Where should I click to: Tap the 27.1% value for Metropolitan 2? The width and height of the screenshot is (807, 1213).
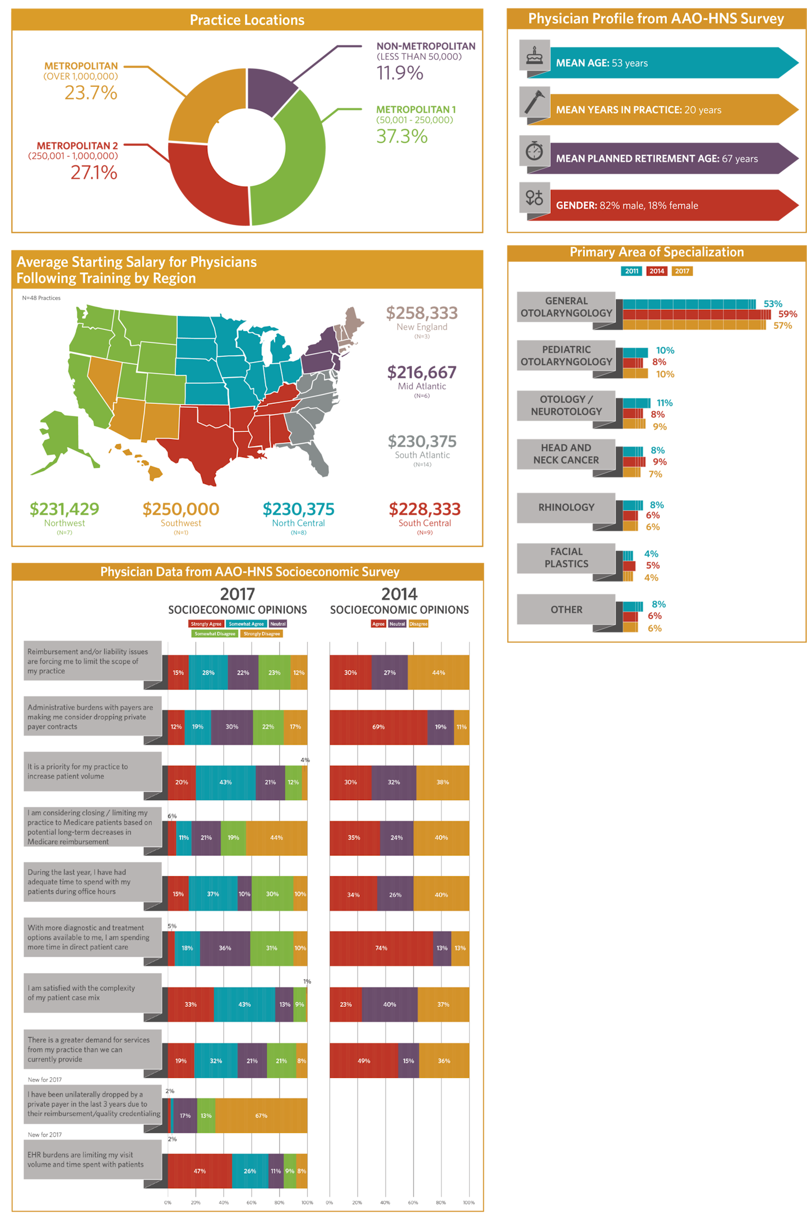[x=94, y=173]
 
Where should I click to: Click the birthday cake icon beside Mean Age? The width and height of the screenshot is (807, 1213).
[x=534, y=55]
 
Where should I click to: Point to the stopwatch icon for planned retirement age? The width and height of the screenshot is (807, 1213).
[x=534, y=151]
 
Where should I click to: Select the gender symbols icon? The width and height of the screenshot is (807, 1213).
[x=534, y=197]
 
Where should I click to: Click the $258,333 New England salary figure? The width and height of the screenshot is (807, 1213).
[x=421, y=313]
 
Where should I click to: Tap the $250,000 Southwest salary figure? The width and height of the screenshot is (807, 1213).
[x=180, y=509]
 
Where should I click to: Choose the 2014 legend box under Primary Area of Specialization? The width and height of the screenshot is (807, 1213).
[x=657, y=271]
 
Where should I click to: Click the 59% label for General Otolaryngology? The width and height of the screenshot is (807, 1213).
[x=787, y=314]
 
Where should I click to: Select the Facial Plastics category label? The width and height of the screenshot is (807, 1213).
[x=566, y=558]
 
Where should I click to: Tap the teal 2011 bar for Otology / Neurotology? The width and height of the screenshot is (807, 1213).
[x=637, y=403]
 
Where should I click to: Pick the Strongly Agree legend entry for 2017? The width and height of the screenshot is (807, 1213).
[x=206, y=624]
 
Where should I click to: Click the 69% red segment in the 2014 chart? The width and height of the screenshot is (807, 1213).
[x=378, y=727]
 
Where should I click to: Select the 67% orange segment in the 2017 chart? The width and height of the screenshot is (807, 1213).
[x=261, y=1116]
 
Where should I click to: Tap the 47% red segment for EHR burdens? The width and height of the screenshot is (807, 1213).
[x=200, y=1171]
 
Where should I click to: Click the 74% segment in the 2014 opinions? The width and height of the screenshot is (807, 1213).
[x=381, y=948]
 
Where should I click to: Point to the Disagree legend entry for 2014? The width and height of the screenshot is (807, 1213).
[x=418, y=624]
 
